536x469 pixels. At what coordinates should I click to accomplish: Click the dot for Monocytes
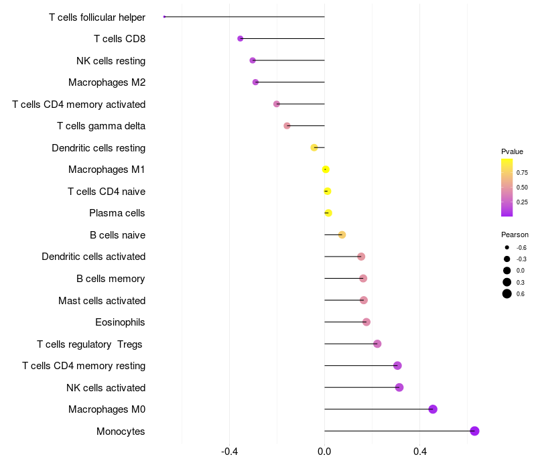tap(474, 431)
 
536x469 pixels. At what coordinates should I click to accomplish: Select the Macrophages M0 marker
tap(433, 409)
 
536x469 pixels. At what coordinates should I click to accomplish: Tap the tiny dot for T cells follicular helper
tap(164, 17)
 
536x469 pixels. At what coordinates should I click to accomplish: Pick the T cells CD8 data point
tap(241, 39)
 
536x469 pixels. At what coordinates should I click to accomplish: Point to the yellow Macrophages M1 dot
tap(326, 170)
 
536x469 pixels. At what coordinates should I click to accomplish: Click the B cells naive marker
tap(342, 235)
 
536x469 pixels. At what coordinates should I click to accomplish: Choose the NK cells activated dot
tap(399, 387)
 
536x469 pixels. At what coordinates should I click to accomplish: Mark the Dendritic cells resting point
tap(314, 147)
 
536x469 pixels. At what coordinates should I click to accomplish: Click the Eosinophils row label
tap(120, 322)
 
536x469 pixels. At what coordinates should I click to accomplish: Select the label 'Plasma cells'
tap(117, 213)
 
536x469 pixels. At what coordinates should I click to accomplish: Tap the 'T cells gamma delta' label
tap(101, 126)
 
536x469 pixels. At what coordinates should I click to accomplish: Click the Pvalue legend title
tap(512, 151)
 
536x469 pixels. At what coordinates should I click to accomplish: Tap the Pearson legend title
tap(515, 234)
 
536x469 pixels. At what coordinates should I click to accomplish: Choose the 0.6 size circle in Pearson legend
tap(507, 293)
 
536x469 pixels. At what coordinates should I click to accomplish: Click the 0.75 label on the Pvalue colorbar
tap(522, 173)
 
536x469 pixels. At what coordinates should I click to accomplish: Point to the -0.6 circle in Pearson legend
tap(507, 247)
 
